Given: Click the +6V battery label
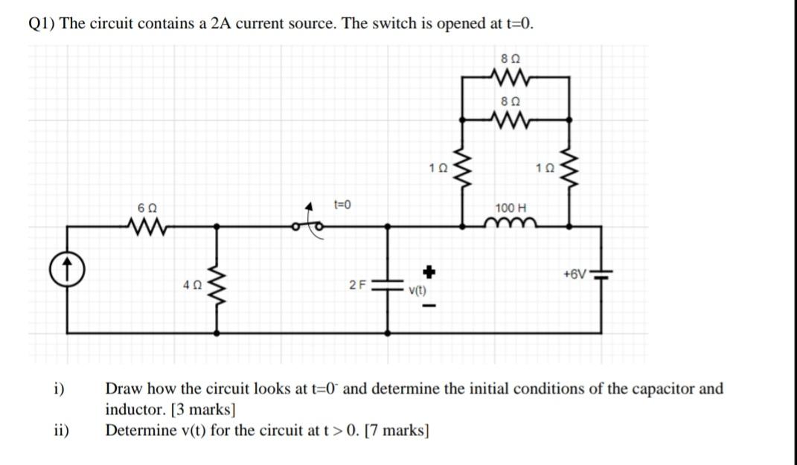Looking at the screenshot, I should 573,274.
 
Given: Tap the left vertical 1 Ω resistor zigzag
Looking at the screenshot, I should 463,170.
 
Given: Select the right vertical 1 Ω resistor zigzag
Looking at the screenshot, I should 570,171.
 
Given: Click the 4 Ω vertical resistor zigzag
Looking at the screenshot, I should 218,286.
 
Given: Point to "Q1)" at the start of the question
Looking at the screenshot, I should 42,23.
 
